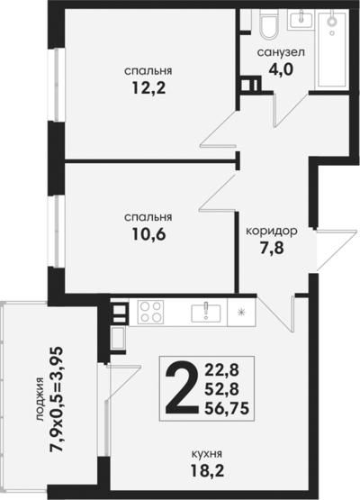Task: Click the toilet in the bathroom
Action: pyautogui.click(x=269, y=24)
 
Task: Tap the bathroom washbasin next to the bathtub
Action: pyautogui.click(x=301, y=20)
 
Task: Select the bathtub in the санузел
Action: pyautogui.click(x=331, y=50)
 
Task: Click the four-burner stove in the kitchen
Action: pyautogui.click(x=150, y=312)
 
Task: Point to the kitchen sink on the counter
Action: pyautogui.click(x=205, y=313)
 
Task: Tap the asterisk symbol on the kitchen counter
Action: pyautogui.click(x=241, y=312)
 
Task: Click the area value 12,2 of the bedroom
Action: pyautogui.click(x=148, y=87)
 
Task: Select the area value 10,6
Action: pyautogui.click(x=148, y=234)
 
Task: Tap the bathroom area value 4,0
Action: pyautogui.click(x=281, y=68)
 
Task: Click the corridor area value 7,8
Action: pyautogui.click(x=272, y=248)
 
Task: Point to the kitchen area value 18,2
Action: pyautogui.click(x=207, y=470)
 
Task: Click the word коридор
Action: pyautogui.click(x=272, y=231)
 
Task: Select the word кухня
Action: pyautogui.click(x=207, y=453)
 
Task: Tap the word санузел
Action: pyautogui.click(x=281, y=52)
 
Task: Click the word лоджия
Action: pyautogui.click(x=40, y=399)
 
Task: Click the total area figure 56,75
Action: pyautogui.click(x=227, y=408)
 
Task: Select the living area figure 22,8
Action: pyautogui.click(x=221, y=370)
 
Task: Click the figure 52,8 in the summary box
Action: pyautogui.click(x=221, y=389)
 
